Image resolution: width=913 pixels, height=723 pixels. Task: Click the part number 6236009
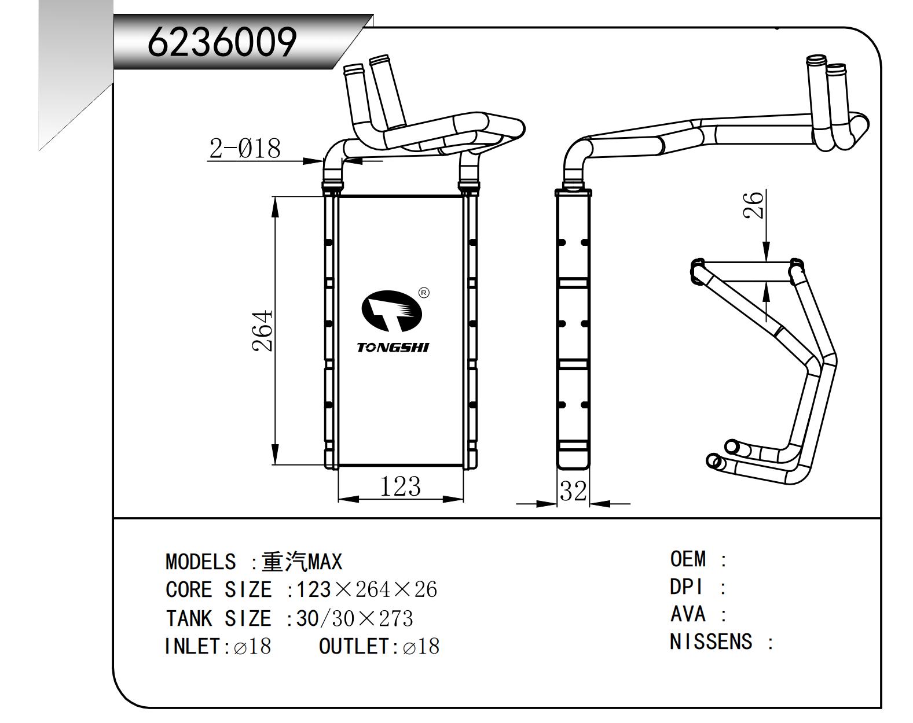pos(222,42)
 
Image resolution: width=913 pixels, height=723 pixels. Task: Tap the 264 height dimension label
pos(263,331)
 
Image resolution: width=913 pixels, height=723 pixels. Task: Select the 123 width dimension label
pos(399,487)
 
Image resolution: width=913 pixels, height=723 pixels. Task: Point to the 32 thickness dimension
pos(573,492)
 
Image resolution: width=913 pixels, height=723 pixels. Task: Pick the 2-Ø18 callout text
pos(244,149)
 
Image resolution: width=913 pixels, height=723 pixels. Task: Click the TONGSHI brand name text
pos(393,348)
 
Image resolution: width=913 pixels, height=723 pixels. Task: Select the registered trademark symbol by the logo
pos(423,293)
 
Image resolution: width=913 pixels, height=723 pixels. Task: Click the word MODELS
pos(200,562)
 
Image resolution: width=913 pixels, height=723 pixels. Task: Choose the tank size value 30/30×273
pos(354,619)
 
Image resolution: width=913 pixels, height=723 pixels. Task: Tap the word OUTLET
pos(354,646)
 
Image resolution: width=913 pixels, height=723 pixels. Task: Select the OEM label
pos(688,559)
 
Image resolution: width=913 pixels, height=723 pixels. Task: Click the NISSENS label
pos(711,641)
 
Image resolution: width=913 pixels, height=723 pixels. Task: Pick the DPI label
pos(686,587)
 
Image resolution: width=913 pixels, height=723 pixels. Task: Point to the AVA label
pos(688,614)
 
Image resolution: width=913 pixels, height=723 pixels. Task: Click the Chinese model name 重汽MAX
pos(302,562)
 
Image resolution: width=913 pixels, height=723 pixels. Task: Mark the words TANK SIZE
pos(218,619)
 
